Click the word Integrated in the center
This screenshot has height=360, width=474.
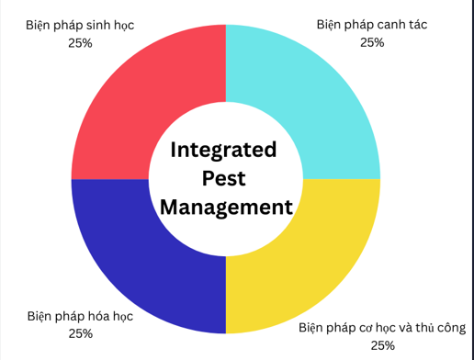point(223,151)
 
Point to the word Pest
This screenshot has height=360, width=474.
point(224,178)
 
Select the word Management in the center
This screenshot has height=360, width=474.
point(226,208)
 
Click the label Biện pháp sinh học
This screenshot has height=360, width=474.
point(80,26)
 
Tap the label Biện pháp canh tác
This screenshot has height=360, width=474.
point(372,25)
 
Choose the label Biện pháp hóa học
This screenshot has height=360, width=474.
point(80,317)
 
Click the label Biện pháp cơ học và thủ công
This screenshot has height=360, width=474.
point(382,328)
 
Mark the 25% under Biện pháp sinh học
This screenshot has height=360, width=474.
point(80,43)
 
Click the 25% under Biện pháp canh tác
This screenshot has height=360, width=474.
point(372,42)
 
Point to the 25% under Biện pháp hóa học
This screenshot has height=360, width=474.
point(81,333)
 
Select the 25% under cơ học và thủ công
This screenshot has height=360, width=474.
point(383,345)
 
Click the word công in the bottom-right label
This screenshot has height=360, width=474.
point(452,328)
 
